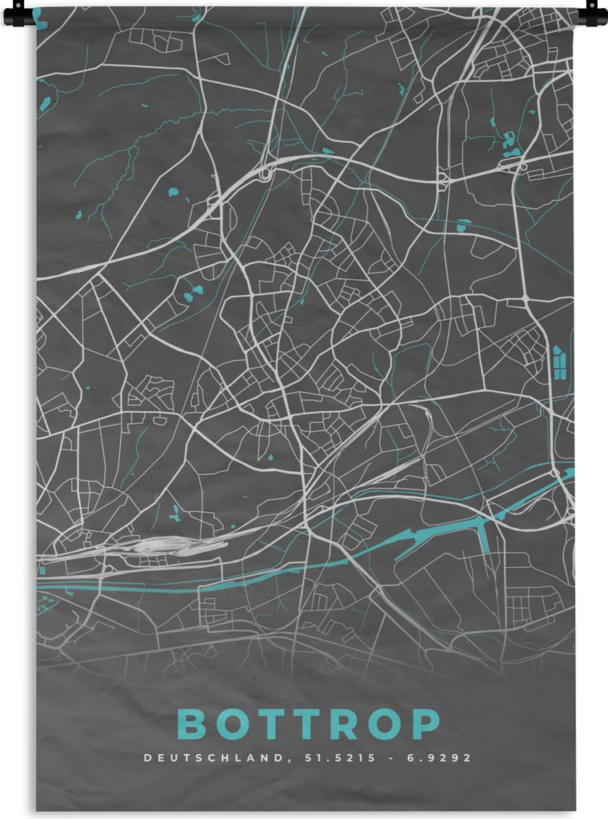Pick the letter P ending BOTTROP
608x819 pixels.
[x=425, y=725]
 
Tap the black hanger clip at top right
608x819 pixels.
[x=593, y=14]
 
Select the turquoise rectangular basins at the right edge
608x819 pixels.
[x=558, y=362]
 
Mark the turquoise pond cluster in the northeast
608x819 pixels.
[x=509, y=144]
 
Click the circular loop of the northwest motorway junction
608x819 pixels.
[x=265, y=172]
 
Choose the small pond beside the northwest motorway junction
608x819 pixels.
[x=327, y=150]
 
